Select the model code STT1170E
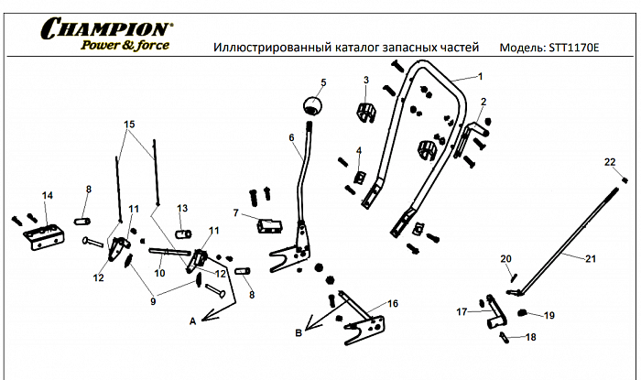pos(573,46)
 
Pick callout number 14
pos(48,195)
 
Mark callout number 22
pos(610,162)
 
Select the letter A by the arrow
pos(192,321)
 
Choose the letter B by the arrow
pos(299,334)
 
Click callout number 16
pos(393,302)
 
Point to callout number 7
pos(235,213)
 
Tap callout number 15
pos(129,124)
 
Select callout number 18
pos(530,338)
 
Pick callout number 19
pos(549,316)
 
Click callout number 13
pos(182,208)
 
